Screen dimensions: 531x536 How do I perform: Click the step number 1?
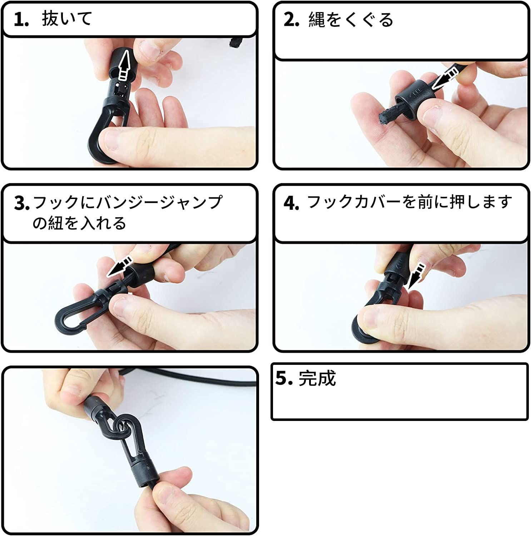coord(21,19)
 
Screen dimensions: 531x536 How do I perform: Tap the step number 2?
coord(291,20)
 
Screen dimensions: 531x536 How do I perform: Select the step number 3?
coord(22,203)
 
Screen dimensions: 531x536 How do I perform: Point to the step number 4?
coord(291,203)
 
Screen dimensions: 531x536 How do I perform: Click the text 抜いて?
coord(67,18)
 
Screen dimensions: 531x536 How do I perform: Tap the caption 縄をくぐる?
coord(351,19)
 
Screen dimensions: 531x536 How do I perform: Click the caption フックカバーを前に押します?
coord(410,202)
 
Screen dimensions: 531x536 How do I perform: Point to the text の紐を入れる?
coord(79,223)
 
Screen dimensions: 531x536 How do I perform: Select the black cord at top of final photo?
coord(186,379)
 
